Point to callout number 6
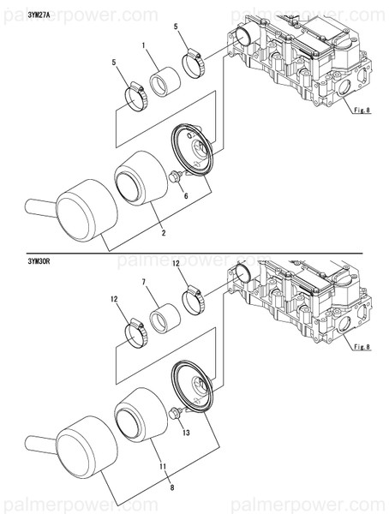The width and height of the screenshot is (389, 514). pyautogui.click(x=185, y=196)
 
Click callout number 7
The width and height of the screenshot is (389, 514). pyautogui.click(x=144, y=281)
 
